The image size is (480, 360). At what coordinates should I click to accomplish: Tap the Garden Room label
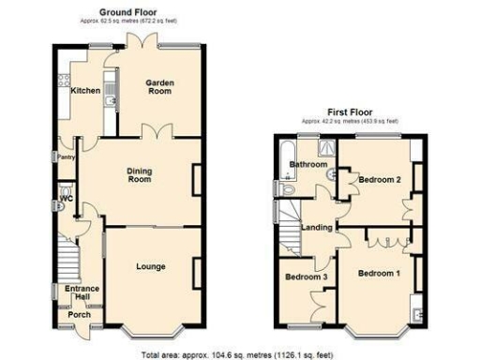pyautogui.click(x=159, y=89)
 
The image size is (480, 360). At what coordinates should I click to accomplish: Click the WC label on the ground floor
pyautogui.click(x=65, y=199)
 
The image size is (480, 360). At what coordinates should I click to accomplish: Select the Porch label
pyautogui.click(x=81, y=314)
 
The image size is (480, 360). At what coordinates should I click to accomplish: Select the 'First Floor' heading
pyautogui.click(x=349, y=112)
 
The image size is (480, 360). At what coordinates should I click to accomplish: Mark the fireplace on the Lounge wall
pyautogui.click(x=196, y=272)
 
